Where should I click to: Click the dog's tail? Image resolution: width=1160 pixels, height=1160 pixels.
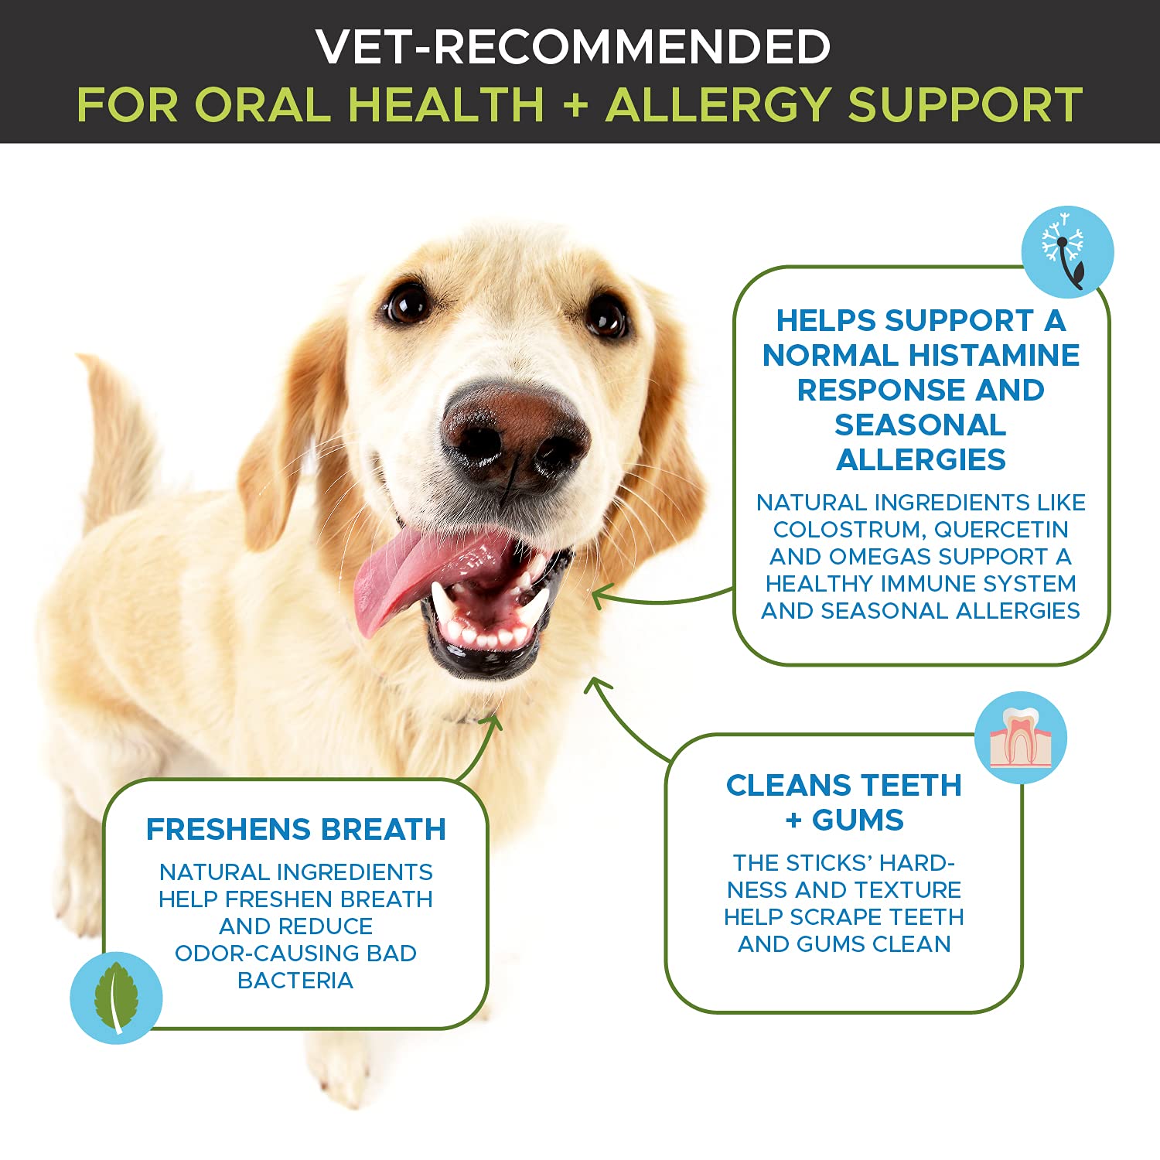pyautogui.click(x=116, y=433)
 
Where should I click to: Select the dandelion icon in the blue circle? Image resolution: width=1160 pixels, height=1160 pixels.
pyautogui.click(x=1067, y=251)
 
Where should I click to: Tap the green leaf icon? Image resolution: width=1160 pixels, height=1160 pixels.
pyautogui.click(x=116, y=998)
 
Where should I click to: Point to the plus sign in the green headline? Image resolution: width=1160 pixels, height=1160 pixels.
pyautogui.click(x=575, y=104)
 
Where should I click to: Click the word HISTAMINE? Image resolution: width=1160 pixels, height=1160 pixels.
pyautogui.click(x=994, y=355)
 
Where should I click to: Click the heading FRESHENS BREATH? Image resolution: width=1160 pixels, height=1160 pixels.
pyautogui.click(x=296, y=829)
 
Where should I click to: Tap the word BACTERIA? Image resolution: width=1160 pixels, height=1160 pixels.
pyautogui.click(x=295, y=981)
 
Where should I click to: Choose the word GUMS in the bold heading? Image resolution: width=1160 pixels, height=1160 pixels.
pyautogui.click(x=857, y=820)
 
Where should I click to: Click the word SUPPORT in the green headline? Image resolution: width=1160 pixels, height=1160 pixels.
pyautogui.click(x=965, y=104)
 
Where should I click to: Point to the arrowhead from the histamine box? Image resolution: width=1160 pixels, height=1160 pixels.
pyautogui.click(x=597, y=595)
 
